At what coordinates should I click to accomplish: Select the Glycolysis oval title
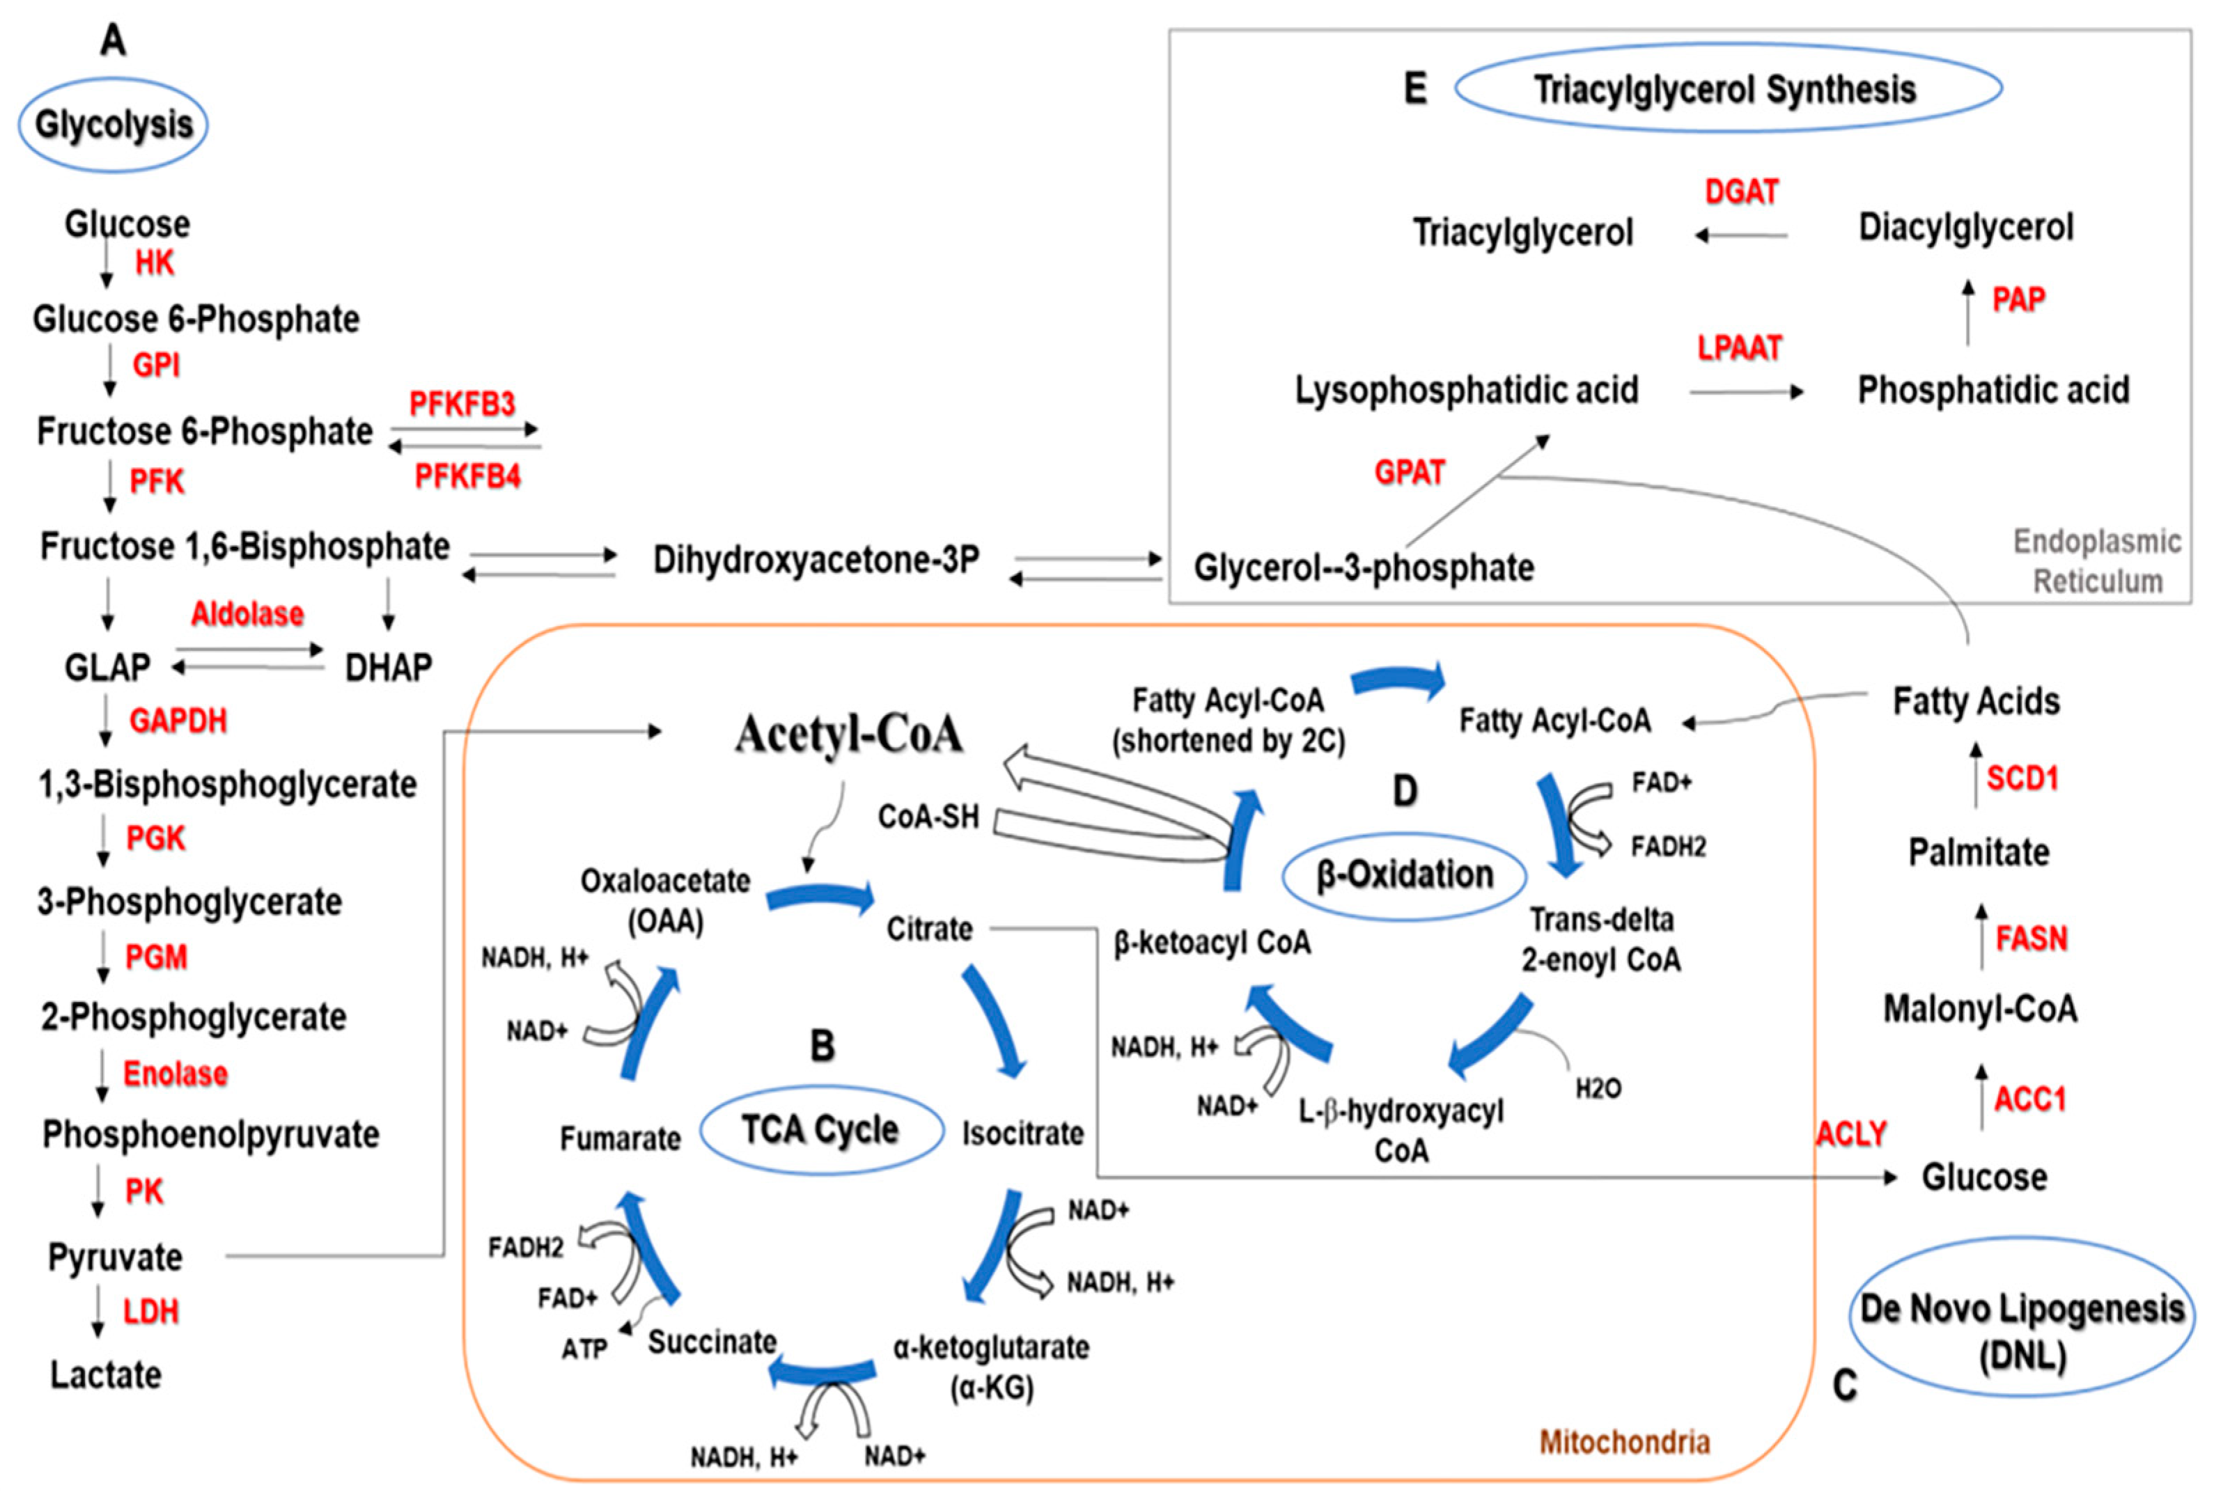114,125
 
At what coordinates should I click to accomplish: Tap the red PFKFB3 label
462,404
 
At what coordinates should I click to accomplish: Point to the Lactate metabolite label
106,1374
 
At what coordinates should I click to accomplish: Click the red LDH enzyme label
151,1312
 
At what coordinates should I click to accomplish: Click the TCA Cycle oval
821,1131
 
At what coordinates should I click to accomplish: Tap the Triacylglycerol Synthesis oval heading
1727,88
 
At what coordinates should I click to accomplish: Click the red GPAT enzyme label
1410,471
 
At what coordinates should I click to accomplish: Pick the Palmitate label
1979,851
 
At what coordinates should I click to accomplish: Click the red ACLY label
1852,1133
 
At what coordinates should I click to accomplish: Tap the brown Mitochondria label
1626,1442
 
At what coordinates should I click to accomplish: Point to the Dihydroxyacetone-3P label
816,560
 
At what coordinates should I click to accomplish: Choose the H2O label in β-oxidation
1598,1088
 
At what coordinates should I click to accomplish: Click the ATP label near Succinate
584,1349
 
